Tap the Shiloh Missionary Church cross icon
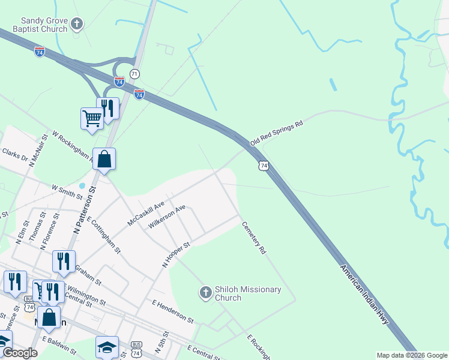(205, 293)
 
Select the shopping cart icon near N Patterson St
(92, 118)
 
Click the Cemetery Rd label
(254, 238)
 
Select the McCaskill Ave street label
(146, 214)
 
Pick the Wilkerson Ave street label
(167, 217)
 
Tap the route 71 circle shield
(134, 73)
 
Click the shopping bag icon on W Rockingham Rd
(104, 160)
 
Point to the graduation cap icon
(107, 347)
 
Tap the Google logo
(20, 353)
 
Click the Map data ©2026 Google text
(411, 355)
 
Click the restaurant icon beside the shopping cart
(107, 108)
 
